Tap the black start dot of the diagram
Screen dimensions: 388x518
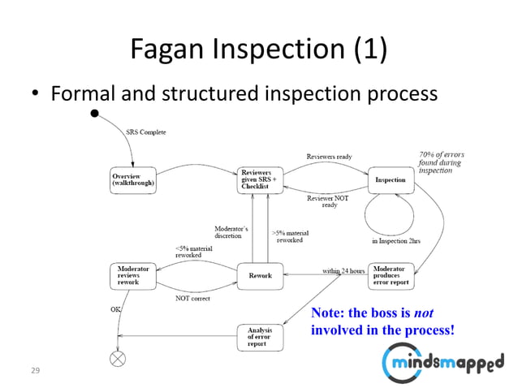point(95,114)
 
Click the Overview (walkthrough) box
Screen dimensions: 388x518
point(132,179)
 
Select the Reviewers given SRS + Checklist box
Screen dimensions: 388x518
point(260,179)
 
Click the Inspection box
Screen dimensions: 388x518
point(390,179)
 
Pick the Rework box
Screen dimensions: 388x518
point(260,276)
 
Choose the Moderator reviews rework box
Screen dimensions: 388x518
point(132,276)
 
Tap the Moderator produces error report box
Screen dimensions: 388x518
point(391,276)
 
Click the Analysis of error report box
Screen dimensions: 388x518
point(260,337)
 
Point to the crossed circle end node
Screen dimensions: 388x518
point(119,358)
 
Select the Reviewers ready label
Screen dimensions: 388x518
point(329,157)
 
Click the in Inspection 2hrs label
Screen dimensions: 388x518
point(395,241)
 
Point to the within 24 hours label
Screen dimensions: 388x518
point(343,270)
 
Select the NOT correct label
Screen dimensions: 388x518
point(192,299)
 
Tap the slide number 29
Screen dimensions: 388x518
point(35,370)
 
